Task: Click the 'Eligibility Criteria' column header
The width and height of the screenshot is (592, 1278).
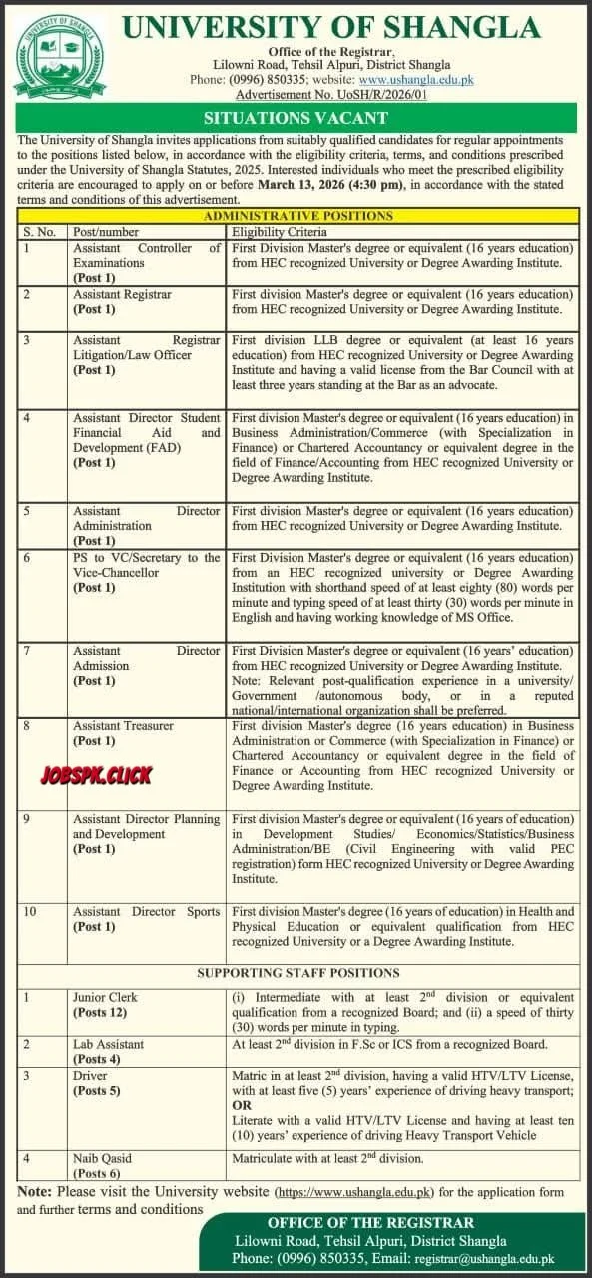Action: [x=274, y=231]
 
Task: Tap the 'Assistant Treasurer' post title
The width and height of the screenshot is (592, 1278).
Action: [x=123, y=726]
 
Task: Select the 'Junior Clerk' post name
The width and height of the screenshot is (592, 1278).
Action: [x=105, y=997]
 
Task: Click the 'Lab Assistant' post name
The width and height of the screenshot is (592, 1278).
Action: [x=108, y=1044]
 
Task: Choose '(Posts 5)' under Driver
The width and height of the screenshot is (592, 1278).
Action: [x=98, y=1090]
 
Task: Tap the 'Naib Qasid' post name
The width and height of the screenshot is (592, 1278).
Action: [x=102, y=1159]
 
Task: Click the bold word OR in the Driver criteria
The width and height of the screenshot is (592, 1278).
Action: [x=242, y=1106]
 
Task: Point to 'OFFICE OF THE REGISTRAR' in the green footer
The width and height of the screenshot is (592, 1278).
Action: [x=371, y=1222]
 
